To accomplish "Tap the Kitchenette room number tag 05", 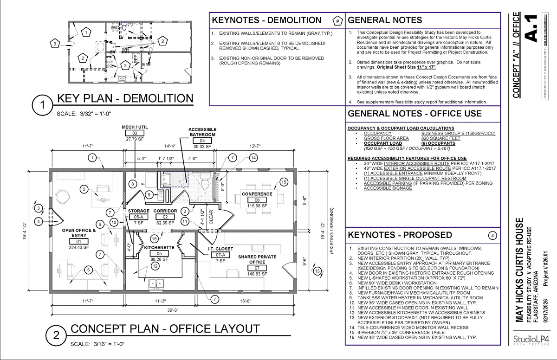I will pos(159,254).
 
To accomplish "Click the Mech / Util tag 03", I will pos(135,133).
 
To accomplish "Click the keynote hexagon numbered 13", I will pos(317,271).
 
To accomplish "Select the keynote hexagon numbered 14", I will pos(253,158).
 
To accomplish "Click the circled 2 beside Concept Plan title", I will pos(56,334).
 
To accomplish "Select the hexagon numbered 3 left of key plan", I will pos(55,44).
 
